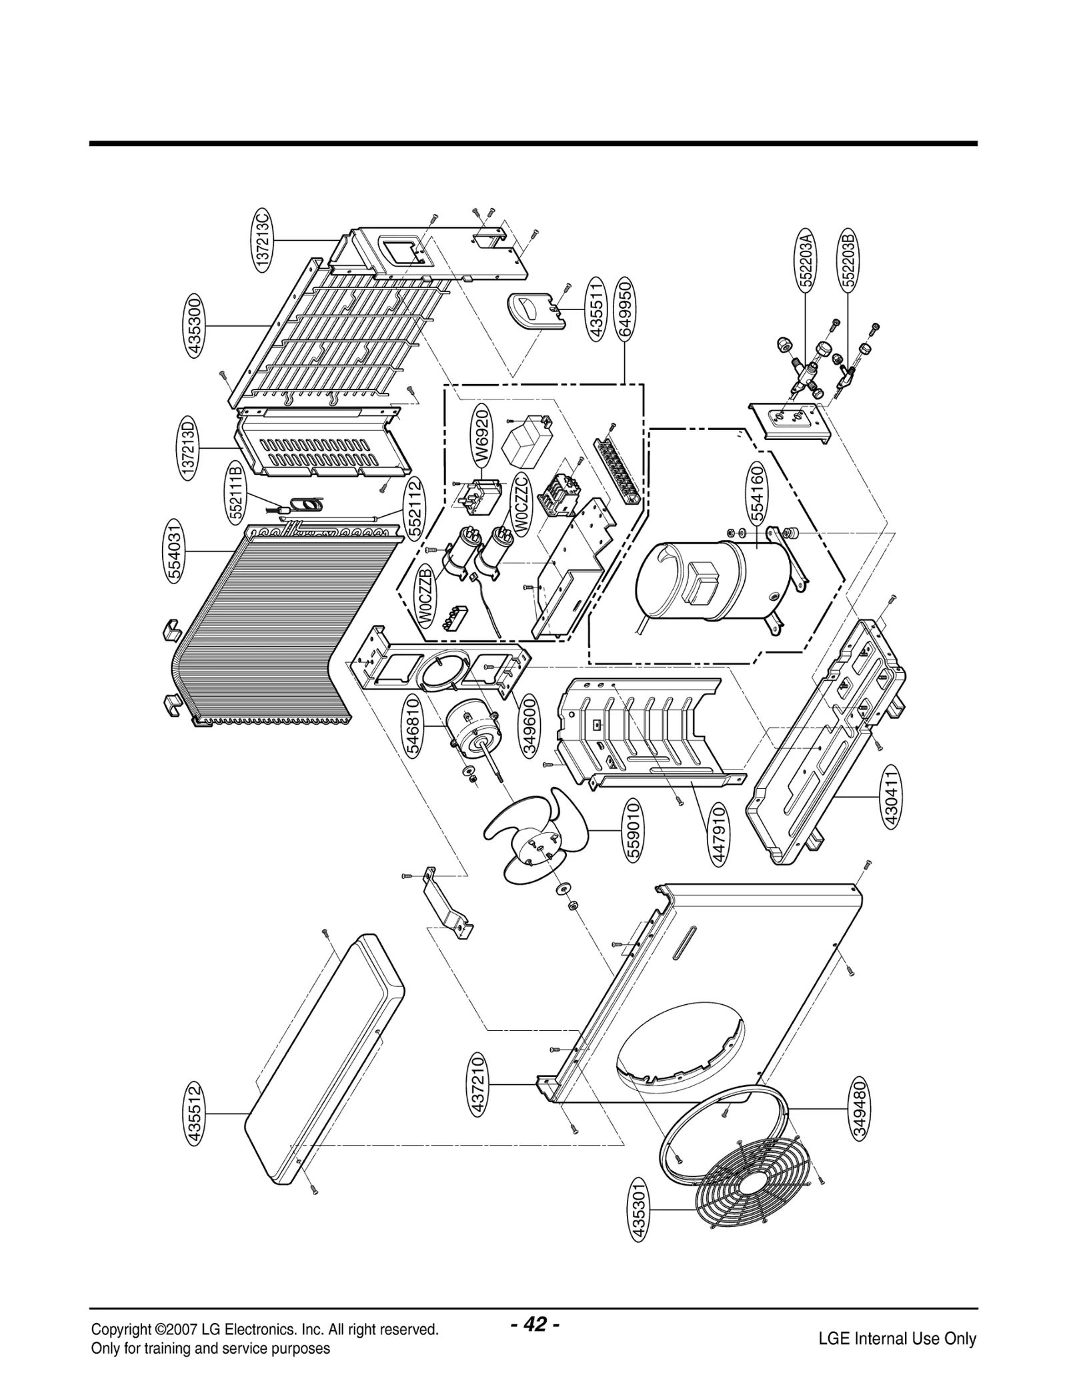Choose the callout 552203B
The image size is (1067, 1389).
(848, 259)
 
